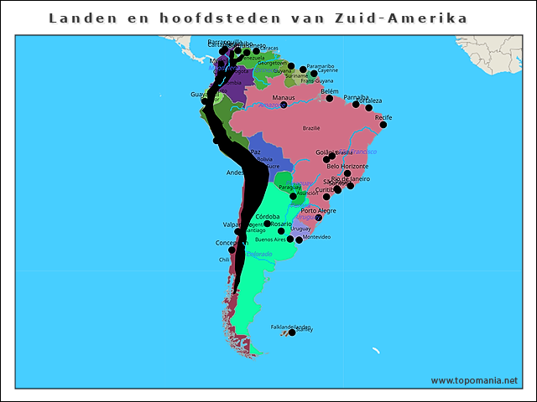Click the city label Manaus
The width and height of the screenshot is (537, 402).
click(x=284, y=98)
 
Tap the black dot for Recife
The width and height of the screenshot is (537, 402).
click(x=383, y=125)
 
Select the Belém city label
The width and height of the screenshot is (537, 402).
click(x=330, y=91)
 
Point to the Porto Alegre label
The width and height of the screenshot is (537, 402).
click(x=319, y=210)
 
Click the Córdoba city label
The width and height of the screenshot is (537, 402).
click(x=268, y=217)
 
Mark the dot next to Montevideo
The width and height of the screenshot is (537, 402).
click(x=299, y=240)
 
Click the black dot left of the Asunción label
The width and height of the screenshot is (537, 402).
click(x=293, y=196)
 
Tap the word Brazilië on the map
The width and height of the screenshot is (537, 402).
click(x=311, y=128)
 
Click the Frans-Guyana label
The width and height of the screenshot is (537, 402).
click(x=317, y=80)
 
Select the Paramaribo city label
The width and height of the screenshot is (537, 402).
click(x=321, y=65)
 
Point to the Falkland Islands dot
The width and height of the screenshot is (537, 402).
click(x=292, y=332)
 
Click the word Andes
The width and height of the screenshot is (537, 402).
click(x=235, y=173)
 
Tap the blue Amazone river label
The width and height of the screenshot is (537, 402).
click(x=269, y=106)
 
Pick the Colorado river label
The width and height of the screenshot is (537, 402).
click(x=259, y=254)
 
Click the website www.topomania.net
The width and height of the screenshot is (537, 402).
click(x=474, y=380)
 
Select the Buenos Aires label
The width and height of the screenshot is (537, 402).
click(x=269, y=240)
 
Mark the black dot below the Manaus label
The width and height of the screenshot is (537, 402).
click(x=284, y=106)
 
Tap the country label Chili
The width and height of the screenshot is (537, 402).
click(x=224, y=260)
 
